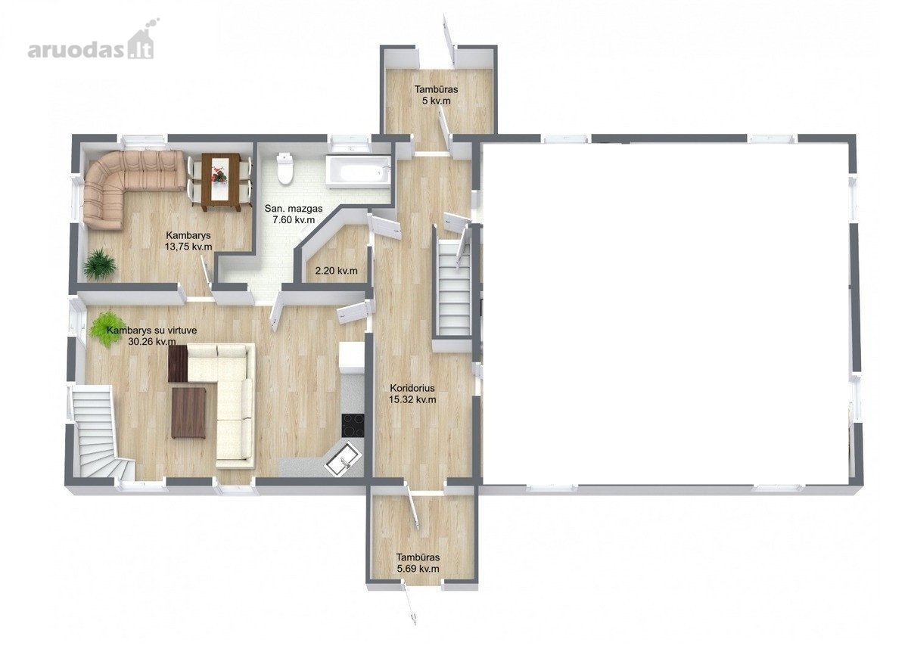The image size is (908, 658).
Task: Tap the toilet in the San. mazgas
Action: point(284,168)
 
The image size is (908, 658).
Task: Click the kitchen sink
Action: point(343,459)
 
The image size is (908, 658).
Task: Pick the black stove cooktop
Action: point(353,425)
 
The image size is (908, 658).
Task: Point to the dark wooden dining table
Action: point(221,182)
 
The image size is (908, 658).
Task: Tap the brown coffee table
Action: point(188,413)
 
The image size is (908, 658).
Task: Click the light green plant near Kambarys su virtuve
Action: point(104,328)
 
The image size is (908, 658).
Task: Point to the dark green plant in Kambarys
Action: point(99,264)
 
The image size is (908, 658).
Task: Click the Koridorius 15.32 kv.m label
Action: point(412,393)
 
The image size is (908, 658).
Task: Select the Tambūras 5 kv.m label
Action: point(436,95)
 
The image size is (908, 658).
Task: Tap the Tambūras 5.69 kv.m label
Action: point(418,563)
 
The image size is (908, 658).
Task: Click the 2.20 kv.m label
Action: point(337,271)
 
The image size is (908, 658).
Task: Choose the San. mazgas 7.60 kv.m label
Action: point(294,214)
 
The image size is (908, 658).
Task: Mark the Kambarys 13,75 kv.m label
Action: point(188,241)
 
